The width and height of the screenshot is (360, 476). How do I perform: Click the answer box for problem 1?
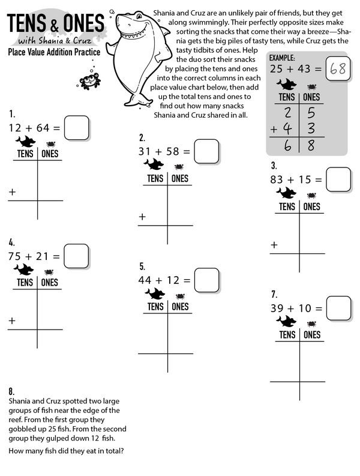coord(76,127)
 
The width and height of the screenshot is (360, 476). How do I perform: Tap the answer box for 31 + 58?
coord(206,151)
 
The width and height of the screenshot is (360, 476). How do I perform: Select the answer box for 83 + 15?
coord(338,179)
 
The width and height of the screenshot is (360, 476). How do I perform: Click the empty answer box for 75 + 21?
coord(76,256)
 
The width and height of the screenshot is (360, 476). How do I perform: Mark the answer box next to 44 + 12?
coord(206,280)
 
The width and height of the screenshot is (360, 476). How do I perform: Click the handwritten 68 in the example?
coord(338,68)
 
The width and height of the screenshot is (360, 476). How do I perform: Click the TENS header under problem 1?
coord(25,154)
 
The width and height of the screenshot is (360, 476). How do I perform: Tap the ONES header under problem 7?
coord(312,335)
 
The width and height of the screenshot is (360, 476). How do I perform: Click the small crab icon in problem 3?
coord(311,195)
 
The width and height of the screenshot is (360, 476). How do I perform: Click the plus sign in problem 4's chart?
coord(11,321)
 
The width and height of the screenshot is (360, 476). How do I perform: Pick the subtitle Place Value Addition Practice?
coord(54,52)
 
